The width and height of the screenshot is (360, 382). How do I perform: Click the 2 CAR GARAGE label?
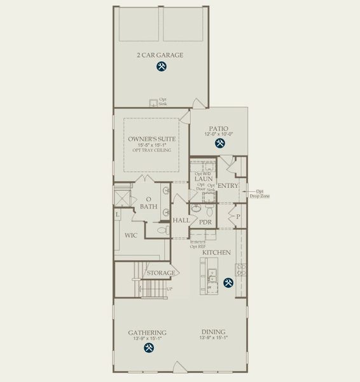(160, 55)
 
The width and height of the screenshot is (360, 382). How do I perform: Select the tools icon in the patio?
(220, 144)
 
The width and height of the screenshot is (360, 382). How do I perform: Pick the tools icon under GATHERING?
(149, 348)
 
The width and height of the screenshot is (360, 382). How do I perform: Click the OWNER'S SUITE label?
(151, 138)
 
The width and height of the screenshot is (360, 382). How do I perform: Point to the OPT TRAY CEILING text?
(151, 150)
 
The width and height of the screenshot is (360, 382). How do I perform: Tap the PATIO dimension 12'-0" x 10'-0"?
(219, 134)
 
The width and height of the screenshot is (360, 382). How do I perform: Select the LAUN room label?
(203, 180)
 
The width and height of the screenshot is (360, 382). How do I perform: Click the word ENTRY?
(228, 186)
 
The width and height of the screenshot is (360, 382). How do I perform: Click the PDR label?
(205, 222)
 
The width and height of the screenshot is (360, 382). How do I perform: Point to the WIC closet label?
(131, 235)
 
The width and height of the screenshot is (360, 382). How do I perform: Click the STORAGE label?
(161, 273)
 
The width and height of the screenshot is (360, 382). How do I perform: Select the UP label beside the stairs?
(169, 289)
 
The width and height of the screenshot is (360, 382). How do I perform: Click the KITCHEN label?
(216, 253)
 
